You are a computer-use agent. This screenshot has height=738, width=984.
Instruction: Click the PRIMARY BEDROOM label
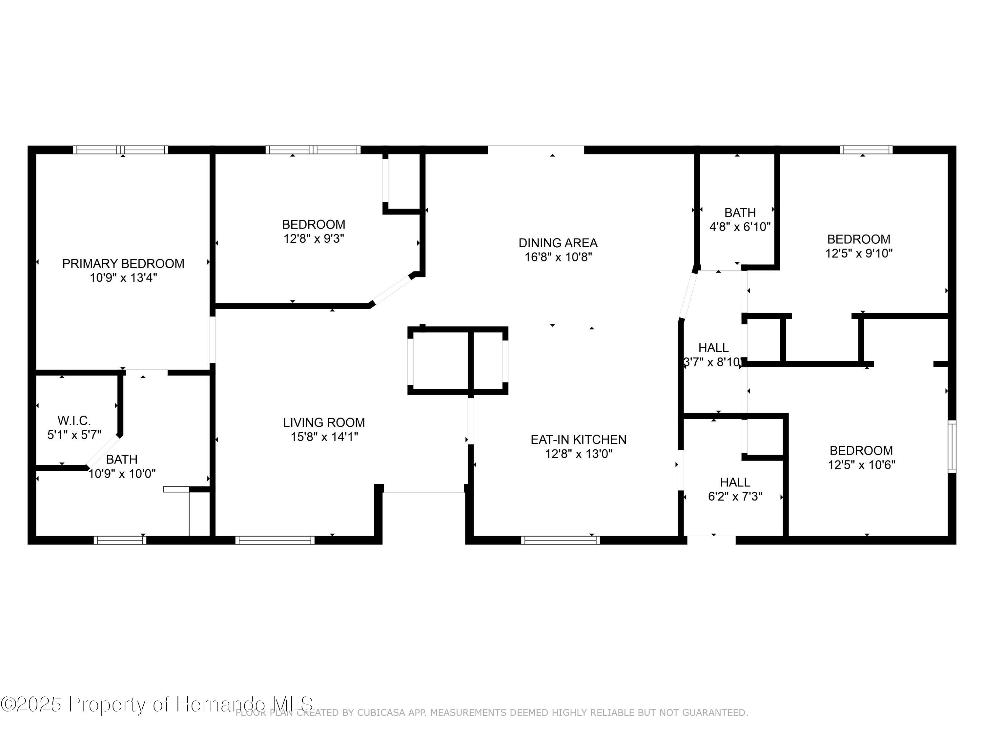pos(123,264)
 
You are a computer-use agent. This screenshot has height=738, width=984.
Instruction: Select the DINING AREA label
pos(558,243)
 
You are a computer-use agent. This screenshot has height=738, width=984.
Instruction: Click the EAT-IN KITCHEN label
pos(578,440)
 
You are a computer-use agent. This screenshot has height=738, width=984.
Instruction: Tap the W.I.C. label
pos(74,420)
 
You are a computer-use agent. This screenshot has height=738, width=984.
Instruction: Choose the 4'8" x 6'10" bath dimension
pos(740,227)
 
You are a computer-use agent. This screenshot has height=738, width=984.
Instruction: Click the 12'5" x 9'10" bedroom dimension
pos(859,254)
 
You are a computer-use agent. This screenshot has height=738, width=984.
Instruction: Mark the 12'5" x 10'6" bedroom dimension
pos(861,465)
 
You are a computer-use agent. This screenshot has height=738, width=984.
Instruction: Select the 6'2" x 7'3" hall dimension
pos(735,497)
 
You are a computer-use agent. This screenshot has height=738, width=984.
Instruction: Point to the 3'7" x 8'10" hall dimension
pos(713,362)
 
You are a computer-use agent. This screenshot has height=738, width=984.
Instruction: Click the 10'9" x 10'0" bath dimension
pos(122,474)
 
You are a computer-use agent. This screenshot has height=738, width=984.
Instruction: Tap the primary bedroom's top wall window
pos(121,150)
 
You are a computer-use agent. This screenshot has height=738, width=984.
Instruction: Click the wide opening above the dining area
pos(536,150)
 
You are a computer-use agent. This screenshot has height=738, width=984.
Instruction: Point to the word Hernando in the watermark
pos(221,704)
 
